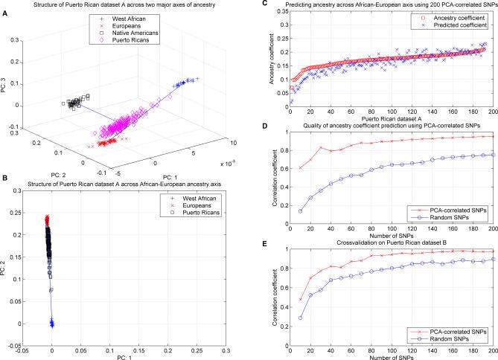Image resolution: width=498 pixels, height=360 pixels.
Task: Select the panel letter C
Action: coord(263,4)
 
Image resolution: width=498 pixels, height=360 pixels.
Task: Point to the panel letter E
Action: coord(263,237)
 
